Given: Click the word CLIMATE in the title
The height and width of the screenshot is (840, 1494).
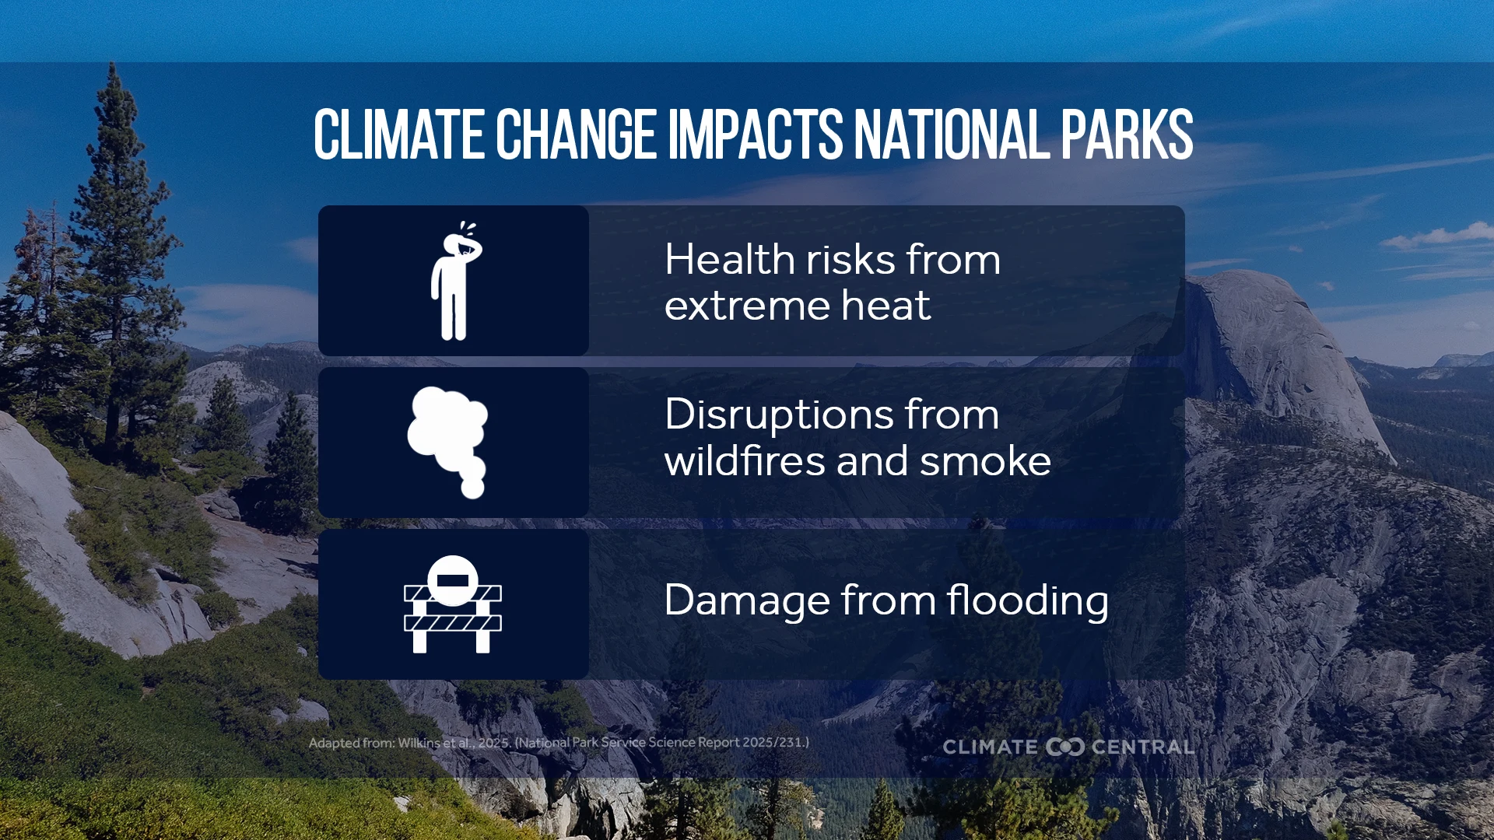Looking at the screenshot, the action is click(399, 135).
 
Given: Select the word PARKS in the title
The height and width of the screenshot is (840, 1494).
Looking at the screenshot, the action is click(1127, 135).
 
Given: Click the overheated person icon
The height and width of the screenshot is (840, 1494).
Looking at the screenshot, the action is click(455, 281).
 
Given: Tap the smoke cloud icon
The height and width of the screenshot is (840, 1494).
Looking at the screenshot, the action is click(448, 442).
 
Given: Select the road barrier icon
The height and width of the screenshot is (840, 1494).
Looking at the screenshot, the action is click(453, 604).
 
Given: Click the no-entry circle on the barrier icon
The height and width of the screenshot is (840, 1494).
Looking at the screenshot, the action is click(453, 580).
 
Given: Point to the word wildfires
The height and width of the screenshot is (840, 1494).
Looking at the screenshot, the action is click(744, 460).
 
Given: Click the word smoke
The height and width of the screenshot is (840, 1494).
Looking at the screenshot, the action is click(985, 460).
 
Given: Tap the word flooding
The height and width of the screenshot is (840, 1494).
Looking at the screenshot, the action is click(1028, 601).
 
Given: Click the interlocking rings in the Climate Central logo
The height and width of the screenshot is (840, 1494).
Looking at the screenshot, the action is click(1064, 747).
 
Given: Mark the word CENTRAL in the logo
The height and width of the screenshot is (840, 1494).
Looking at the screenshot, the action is click(1142, 747).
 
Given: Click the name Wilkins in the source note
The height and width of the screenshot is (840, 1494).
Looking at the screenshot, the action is click(419, 743).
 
